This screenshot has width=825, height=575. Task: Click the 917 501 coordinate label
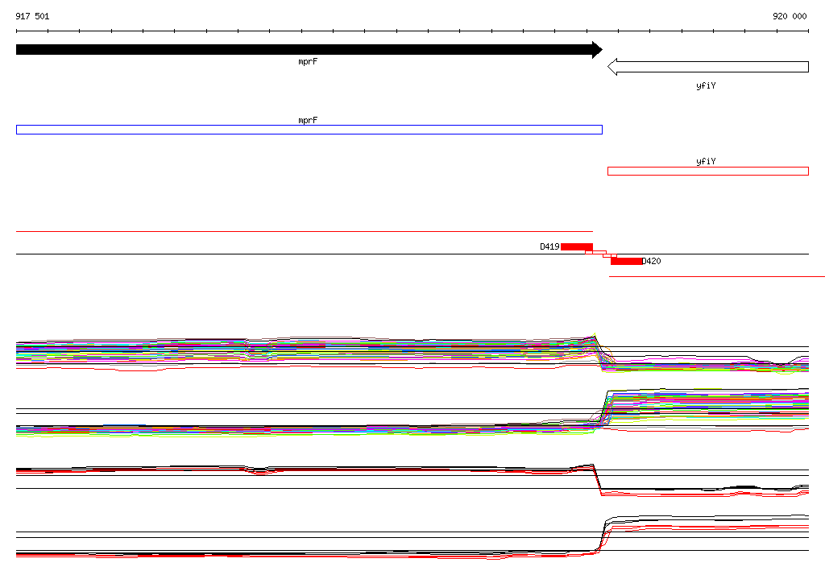tap(32, 16)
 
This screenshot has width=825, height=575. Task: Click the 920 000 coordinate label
tap(790, 16)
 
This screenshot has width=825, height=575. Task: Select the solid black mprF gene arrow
tap(309, 49)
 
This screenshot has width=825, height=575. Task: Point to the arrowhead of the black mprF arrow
tap(602, 49)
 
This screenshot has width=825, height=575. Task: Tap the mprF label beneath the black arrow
tap(308, 61)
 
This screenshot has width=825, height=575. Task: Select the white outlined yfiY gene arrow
tap(708, 67)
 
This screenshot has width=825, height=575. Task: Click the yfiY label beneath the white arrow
tap(706, 85)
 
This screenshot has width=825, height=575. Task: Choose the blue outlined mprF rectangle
tap(309, 130)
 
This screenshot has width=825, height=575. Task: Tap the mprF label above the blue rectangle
tap(308, 120)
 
